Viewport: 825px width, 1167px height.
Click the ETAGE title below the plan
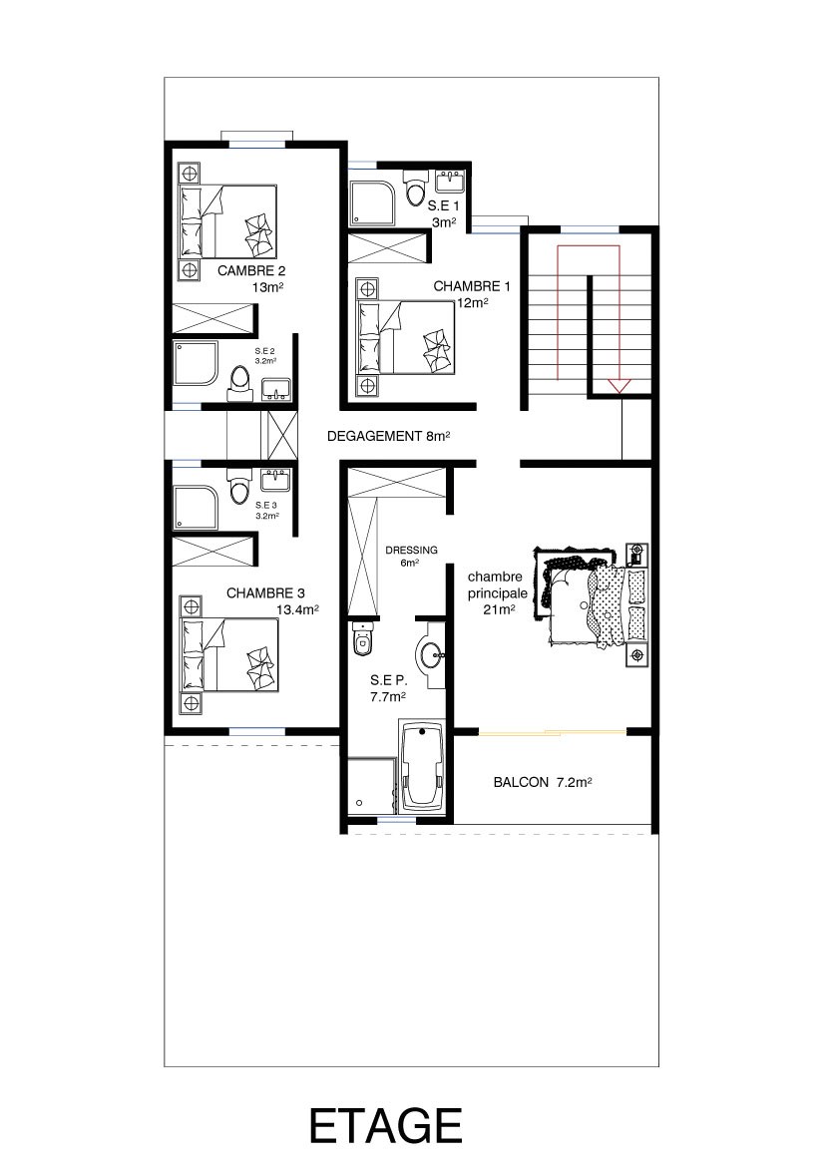(386, 1125)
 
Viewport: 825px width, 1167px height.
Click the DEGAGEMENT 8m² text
(389, 436)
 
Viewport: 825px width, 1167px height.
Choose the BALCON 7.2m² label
(543, 782)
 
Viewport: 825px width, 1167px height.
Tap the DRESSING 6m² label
(411, 556)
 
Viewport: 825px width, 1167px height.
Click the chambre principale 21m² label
(498, 593)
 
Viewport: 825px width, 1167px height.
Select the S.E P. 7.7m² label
(388, 688)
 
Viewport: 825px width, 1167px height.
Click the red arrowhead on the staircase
(619, 386)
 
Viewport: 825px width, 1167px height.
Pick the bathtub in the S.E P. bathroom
(422, 765)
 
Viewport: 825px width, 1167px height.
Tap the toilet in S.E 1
(415, 188)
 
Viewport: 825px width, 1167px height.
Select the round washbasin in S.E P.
(432, 655)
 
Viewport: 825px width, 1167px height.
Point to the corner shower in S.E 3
(196, 509)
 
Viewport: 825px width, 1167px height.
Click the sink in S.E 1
(450, 182)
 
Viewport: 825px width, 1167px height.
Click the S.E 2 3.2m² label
(265, 356)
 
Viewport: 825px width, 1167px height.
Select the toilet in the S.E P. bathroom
(362, 638)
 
